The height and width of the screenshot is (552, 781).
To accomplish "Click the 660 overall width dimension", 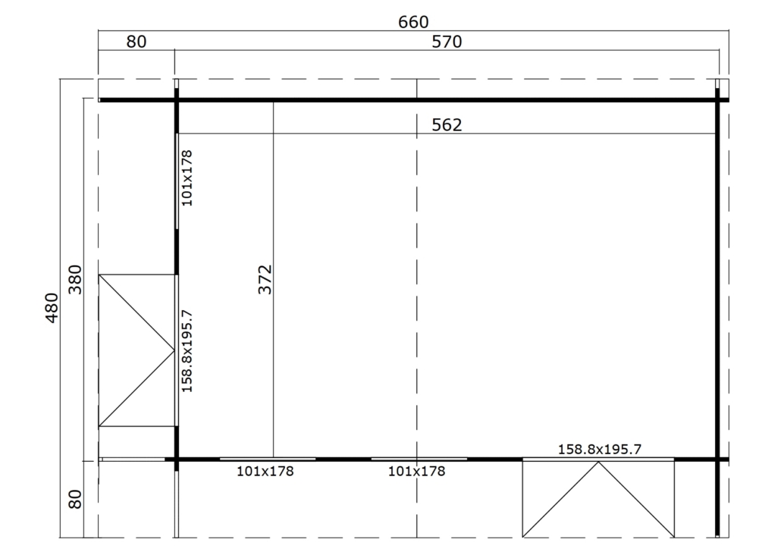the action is click(413, 22).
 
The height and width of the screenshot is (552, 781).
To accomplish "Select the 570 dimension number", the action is click(447, 42).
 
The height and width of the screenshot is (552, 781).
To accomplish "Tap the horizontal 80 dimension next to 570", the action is click(136, 42).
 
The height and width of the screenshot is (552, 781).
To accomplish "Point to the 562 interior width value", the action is click(447, 124).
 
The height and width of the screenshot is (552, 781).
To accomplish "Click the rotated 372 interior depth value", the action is click(265, 280).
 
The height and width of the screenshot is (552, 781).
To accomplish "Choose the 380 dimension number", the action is click(75, 280).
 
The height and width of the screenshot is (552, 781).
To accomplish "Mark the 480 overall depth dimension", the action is click(52, 308).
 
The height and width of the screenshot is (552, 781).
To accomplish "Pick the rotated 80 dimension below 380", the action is click(75, 499).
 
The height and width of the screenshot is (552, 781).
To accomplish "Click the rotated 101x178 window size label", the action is click(187, 178).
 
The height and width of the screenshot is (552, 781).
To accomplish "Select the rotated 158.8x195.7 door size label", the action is click(187, 351).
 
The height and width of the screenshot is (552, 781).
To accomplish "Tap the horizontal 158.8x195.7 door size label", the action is click(599, 450).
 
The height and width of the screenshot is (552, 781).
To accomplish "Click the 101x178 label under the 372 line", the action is click(265, 471).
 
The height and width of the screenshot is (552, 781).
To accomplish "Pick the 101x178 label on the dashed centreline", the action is click(416, 471).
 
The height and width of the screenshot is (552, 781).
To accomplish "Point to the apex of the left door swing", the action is click(174, 351).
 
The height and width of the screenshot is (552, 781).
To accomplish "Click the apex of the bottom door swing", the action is click(598, 462).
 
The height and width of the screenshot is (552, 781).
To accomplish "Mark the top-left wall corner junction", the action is click(177, 100).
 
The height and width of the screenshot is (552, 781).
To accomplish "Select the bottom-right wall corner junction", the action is click(718, 459).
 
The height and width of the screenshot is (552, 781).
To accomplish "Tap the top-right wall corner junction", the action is click(718, 100).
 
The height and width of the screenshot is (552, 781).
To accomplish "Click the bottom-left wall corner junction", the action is click(177, 459).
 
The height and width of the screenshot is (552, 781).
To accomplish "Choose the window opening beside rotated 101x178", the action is click(177, 181).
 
